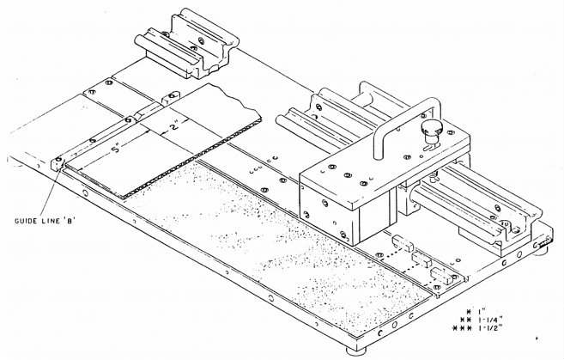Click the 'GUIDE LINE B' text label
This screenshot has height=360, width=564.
tap(45, 221)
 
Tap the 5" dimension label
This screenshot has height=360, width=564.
tap(117, 149)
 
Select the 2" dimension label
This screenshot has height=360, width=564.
tap(174, 126)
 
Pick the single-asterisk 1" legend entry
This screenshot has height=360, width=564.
tap(477, 311)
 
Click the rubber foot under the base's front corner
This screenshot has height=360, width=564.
tap(356, 350)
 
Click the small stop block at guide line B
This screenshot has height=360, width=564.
tap(58, 164)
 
